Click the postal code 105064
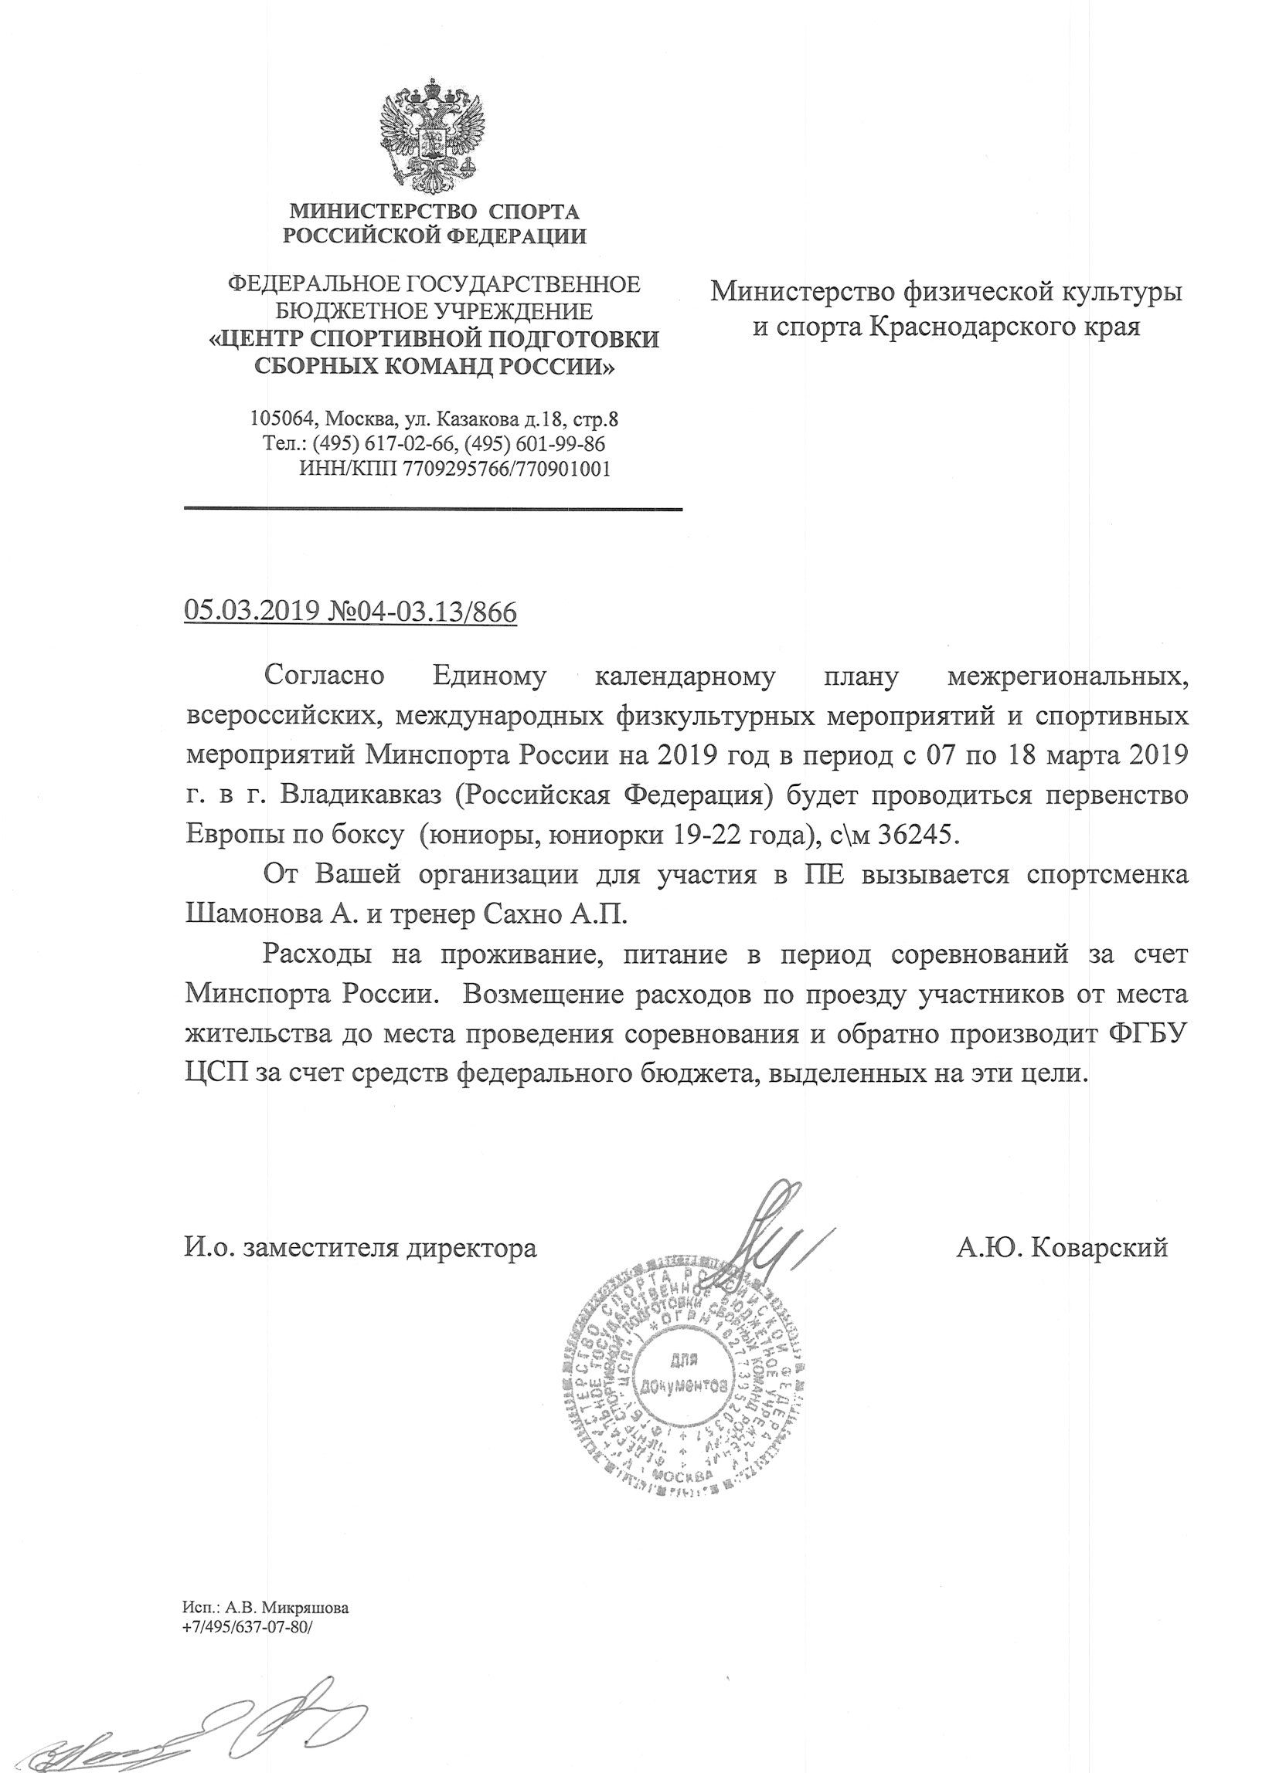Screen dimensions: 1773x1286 pos(277,419)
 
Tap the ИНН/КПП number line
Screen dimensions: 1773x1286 pos(454,469)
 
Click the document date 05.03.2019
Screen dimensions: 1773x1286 pos(251,611)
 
